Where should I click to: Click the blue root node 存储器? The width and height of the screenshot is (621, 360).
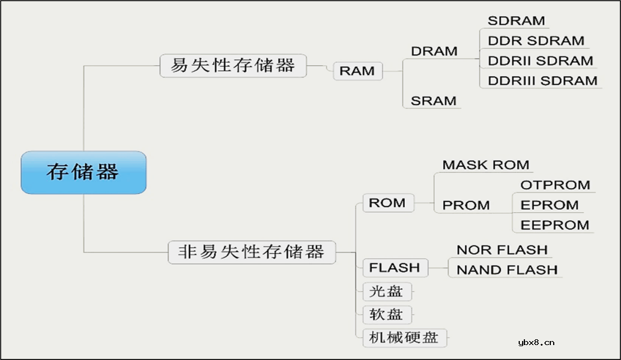83,172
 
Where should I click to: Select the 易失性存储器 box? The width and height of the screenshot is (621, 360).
233,66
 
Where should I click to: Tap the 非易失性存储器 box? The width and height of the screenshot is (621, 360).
251,252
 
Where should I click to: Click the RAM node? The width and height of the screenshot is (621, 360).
357,71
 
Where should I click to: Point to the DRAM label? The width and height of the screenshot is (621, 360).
434,51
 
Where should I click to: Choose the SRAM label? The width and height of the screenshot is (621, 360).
434,101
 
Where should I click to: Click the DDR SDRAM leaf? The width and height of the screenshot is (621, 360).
535,41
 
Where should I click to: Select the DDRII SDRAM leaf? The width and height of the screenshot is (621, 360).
540,61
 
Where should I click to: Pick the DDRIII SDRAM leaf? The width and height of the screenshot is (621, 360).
542,81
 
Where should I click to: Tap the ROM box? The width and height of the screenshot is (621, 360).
387,203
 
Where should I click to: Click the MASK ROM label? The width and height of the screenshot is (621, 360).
486,165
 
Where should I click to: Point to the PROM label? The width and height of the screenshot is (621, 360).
466,205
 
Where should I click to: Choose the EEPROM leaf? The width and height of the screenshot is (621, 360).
554,225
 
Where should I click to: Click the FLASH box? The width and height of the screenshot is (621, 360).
394,268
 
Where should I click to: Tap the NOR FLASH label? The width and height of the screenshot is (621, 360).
502,250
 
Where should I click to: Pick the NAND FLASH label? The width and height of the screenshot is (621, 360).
507,270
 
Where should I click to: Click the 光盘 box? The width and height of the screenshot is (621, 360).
386,292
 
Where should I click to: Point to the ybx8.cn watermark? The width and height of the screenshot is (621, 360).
536,343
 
